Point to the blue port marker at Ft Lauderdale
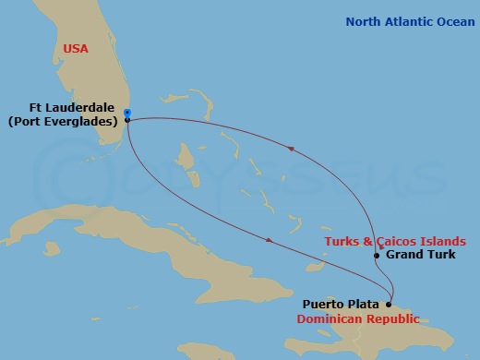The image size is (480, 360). click(x=126, y=114)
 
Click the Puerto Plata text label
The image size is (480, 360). click(x=342, y=303)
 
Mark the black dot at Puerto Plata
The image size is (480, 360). click(x=389, y=304)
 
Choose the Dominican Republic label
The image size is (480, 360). click(x=358, y=318)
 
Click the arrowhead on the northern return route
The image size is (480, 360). click(x=292, y=147)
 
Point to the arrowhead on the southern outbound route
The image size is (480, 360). click(x=269, y=241)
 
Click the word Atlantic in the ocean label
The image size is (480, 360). click(x=410, y=21)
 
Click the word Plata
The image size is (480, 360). click(x=364, y=303)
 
